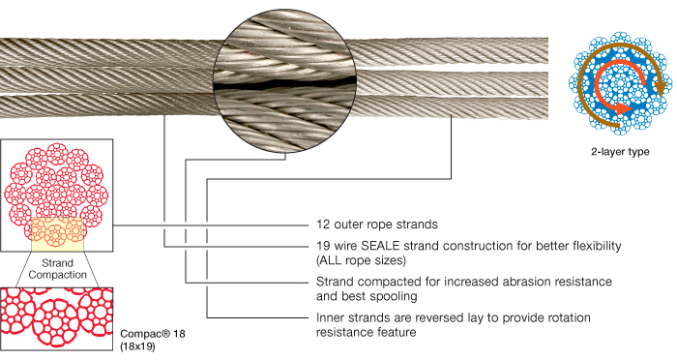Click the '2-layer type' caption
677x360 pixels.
click(x=619, y=152)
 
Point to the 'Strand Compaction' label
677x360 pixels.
click(x=57, y=268)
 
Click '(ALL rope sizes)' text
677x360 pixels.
click(x=362, y=259)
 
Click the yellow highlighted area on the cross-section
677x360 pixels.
click(x=57, y=232)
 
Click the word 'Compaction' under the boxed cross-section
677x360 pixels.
click(x=57, y=275)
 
